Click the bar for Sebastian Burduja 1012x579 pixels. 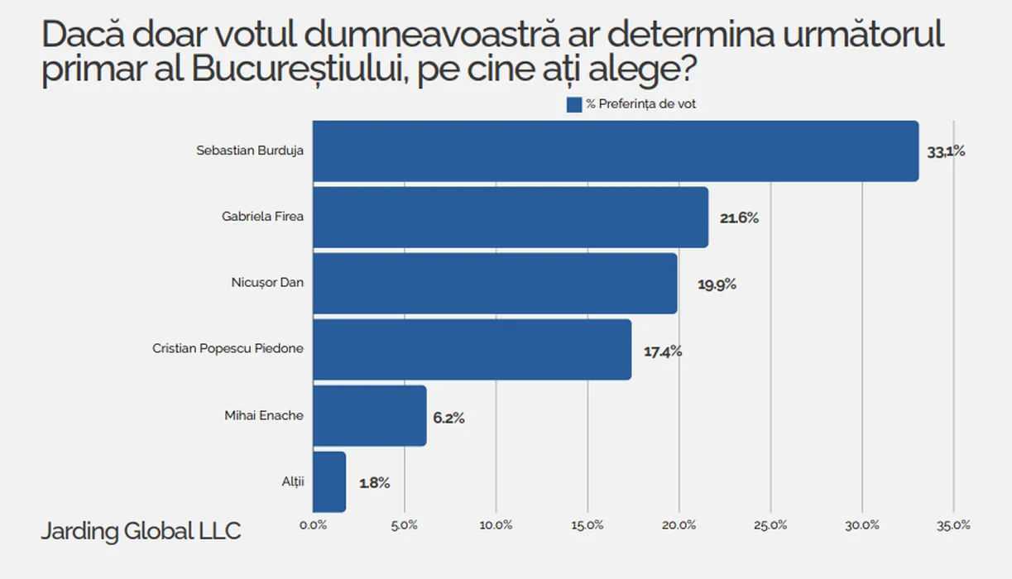[x=616, y=151]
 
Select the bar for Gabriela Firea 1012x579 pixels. [x=511, y=218]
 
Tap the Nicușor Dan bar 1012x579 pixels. [x=495, y=284]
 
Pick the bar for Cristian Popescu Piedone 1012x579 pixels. [x=472, y=350]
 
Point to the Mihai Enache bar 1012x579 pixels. [x=370, y=416]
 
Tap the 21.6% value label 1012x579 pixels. [x=739, y=218]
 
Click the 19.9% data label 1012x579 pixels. [x=717, y=285]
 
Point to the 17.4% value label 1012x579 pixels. [x=663, y=352]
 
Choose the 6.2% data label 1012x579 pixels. [x=448, y=418]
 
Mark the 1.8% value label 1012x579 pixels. [x=374, y=483]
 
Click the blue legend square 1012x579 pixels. [x=574, y=104]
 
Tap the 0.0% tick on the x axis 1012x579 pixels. [x=313, y=525]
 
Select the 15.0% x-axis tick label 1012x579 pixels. [x=588, y=525]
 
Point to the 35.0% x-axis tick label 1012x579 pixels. [x=953, y=525]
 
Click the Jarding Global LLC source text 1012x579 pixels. [x=141, y=531]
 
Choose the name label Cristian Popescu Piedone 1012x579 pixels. [x=228, y=349]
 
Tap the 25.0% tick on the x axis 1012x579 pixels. [x=770, y=525]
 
